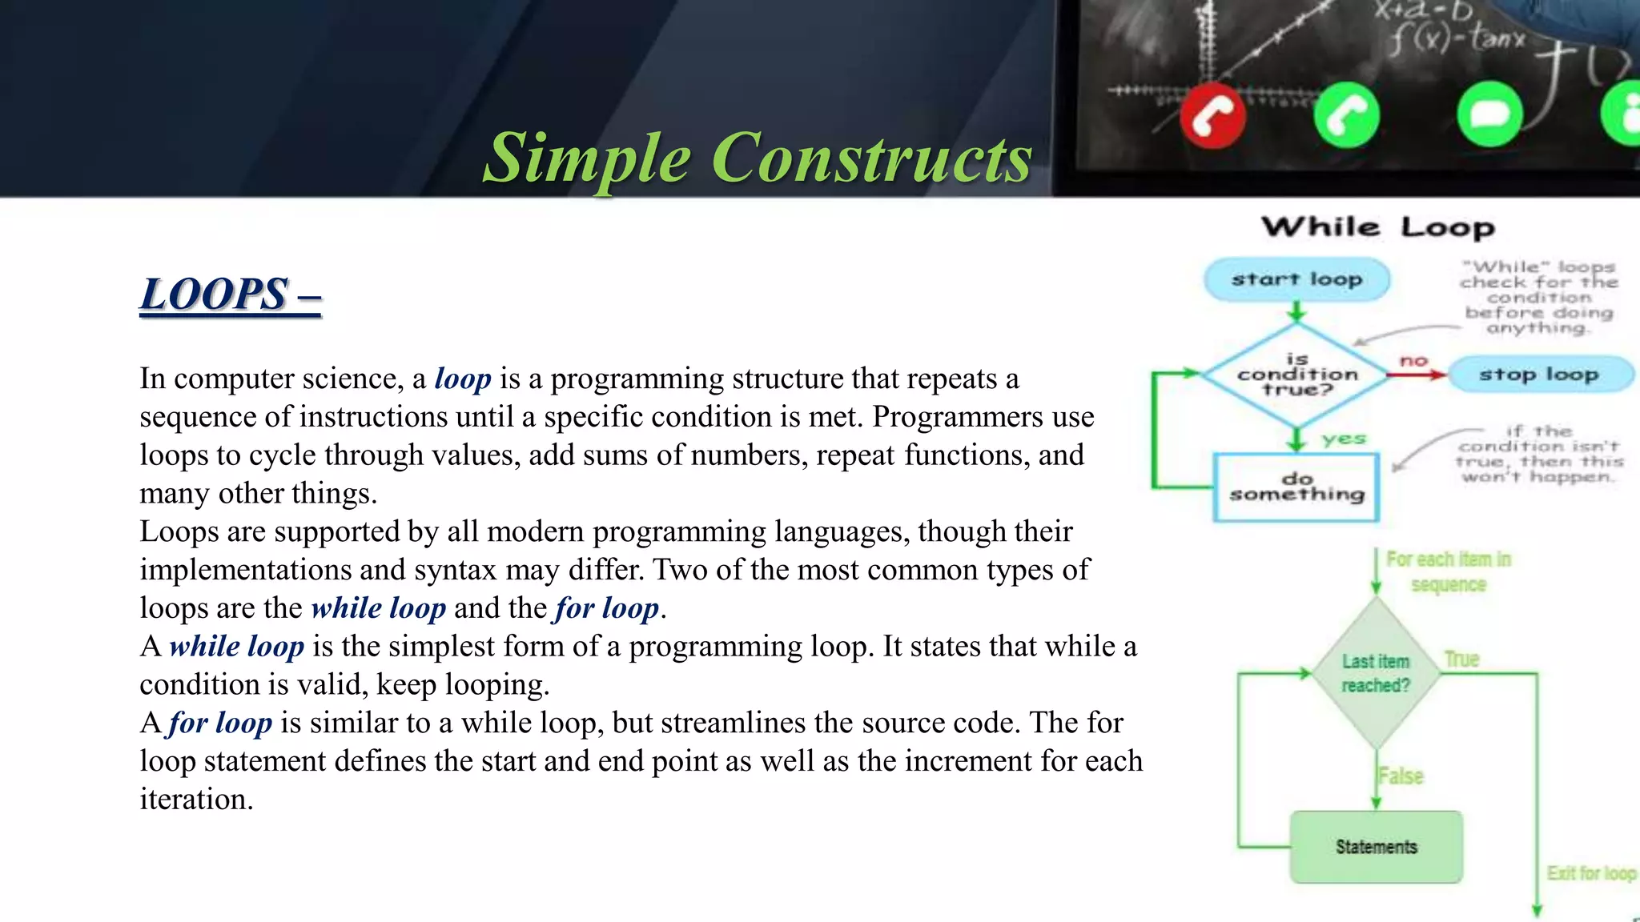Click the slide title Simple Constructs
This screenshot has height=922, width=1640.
point(758,158)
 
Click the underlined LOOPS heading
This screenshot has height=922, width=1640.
point(231,295)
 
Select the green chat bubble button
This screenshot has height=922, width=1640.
point(1489,114)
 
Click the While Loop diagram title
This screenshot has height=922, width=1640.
point(1377,227)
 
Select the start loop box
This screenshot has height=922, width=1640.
point(1296,279)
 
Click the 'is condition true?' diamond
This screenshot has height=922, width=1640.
point(1296,375)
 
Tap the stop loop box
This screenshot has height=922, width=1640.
point(1538,375)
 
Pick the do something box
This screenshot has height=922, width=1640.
point(1296,487)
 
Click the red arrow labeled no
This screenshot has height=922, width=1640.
point(1415,374)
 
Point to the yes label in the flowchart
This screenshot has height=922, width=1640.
point(1344,439)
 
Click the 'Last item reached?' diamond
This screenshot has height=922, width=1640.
point(1376,673)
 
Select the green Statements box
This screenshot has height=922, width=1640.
point(1376,847)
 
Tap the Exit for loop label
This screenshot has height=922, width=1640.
point(1590,873)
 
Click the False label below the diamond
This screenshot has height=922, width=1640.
point(1401,776)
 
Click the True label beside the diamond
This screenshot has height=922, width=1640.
point(1461,659)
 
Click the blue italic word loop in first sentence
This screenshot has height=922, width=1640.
point(462,379)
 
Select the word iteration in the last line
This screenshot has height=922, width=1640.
point(196,800)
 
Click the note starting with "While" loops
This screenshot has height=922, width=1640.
point(1537,297)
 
